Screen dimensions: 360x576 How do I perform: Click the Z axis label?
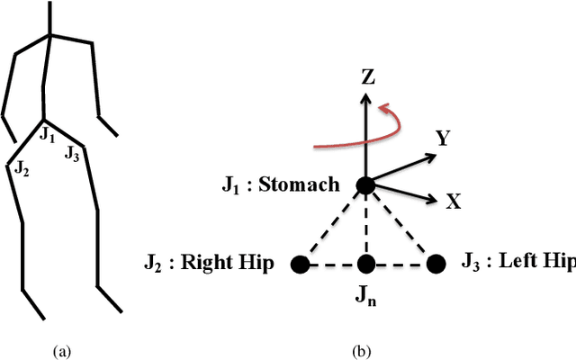click(367, 76)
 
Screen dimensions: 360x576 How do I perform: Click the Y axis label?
click(443, 139)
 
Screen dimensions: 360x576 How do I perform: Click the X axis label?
click(454, 202)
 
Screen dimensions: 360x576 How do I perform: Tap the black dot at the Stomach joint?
click(365, 185)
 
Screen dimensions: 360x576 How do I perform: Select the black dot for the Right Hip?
click(301, 264)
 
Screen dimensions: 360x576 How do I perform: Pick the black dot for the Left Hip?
click(436, 264)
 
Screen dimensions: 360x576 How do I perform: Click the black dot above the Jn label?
click(365, 264)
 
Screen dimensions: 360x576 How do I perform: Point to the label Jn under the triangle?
click(366, 292)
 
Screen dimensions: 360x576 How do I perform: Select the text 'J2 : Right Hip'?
click(210, 264)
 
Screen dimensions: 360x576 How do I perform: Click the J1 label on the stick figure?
click(48, 136)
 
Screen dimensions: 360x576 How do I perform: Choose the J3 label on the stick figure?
click(72, 154)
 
